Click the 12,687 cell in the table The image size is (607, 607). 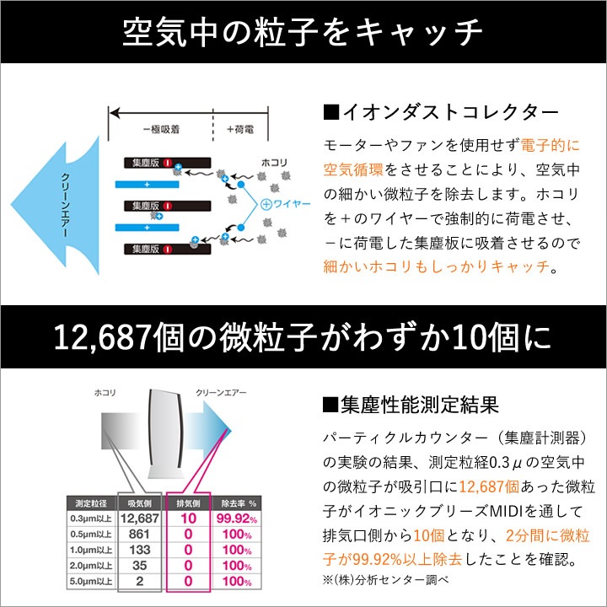click(x=140, y=518)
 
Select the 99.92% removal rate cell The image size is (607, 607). click(x=237, y=518)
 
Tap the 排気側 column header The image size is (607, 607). click(x=188, y=503)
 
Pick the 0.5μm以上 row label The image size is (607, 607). click(x=91, y=534)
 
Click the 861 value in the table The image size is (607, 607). click(x=139, y=534)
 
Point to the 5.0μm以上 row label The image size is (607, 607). click(x=91, y=582)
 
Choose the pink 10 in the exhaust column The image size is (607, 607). click(x=189, y=518)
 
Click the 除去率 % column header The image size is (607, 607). click(x=239, y=503)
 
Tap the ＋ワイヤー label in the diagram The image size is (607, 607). click(x=285, y=204)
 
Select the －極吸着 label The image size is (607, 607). click(x=161, y=129)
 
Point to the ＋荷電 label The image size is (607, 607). click(x=240, y=129)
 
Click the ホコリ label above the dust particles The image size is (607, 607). click(x=274, y=162)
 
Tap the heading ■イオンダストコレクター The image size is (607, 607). click(x=441, y=112)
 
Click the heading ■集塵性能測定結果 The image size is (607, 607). click(x=411, y=405)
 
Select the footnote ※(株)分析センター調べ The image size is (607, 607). click(x=386, y=579)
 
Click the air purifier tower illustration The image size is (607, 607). click(x=164, y=432)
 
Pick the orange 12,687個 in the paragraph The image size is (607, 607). click(x=489, y=486)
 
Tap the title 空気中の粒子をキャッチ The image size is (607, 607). click(x=303, y=32)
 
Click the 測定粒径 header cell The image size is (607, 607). click(x=91, y=503)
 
